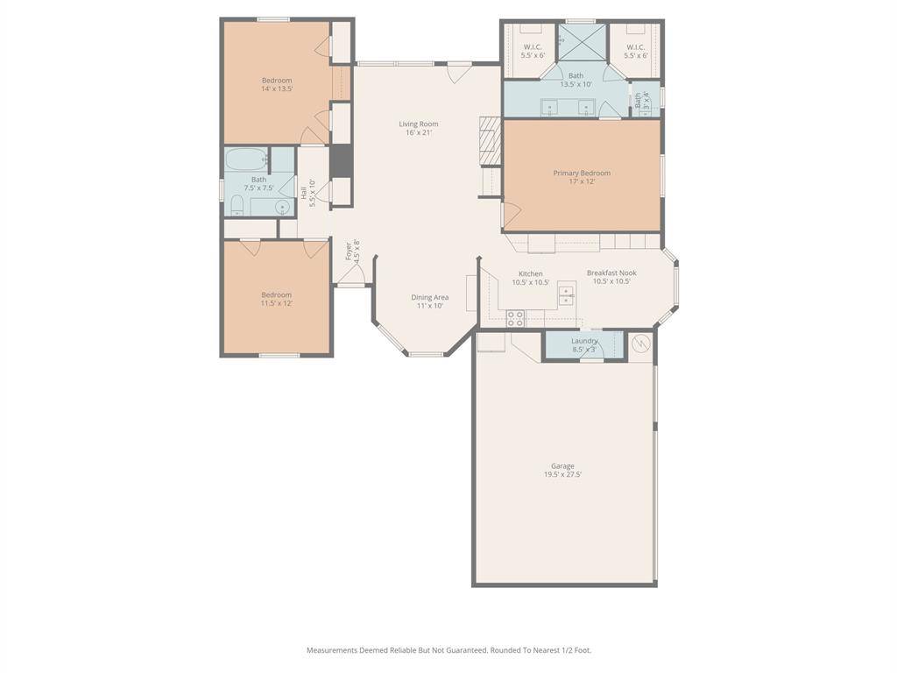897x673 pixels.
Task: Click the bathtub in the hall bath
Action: (x=246, y=160)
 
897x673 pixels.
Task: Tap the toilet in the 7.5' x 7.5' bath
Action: (x=237, y=206)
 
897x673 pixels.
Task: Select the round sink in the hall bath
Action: (x=282, y=207)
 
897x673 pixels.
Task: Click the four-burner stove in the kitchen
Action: (x=515, y=317)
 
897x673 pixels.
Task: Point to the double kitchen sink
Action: (x=567, y=298)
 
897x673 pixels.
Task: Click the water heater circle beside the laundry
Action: (x=642, y=344)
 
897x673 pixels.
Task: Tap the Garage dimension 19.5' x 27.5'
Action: (x=562, y=474)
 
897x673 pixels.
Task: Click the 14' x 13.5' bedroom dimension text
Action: (x=277, y=89)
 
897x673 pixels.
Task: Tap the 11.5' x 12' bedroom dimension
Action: (x=277, y=303)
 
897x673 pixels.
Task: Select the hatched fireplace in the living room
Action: (x=489, y=140)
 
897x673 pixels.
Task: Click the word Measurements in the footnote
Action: (x=331, y=650)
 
